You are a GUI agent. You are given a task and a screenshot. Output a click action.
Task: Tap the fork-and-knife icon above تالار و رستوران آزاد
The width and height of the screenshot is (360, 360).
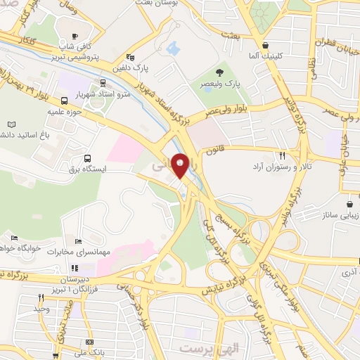pyautogui.click(x=283, y=155)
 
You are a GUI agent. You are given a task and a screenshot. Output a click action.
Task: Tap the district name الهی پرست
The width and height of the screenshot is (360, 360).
pyautogui.click(x=205, y=348)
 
